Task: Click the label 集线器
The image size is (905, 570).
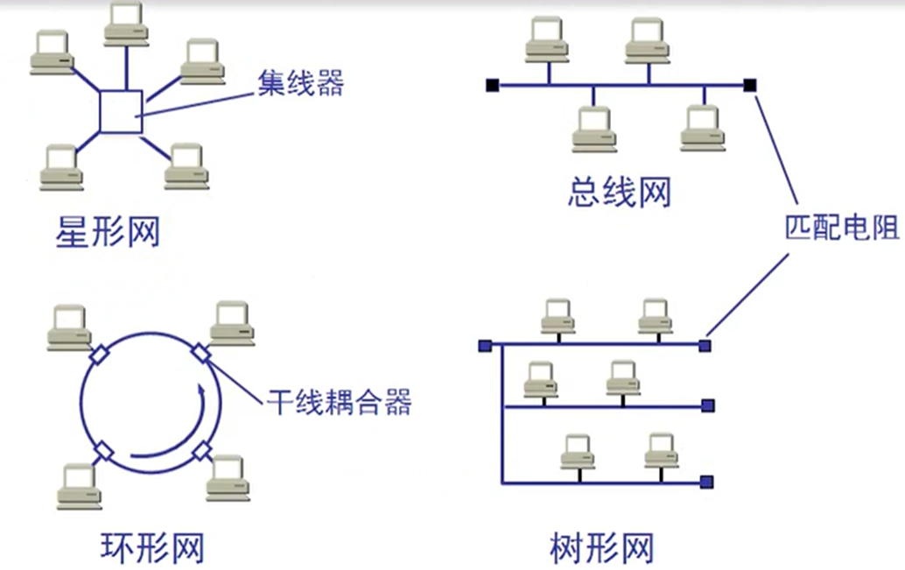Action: point(300,83)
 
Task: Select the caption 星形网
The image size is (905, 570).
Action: point(108,231)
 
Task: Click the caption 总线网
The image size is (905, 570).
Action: point(620,192)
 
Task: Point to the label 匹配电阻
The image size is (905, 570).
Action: point(842,227)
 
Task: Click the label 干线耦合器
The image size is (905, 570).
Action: point(340,401)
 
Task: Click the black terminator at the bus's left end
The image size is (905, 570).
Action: point(493,86)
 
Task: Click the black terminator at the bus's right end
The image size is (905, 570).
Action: point(750,86)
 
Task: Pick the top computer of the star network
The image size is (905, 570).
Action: point(126,24)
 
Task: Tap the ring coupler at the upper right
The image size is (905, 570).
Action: point(200,353)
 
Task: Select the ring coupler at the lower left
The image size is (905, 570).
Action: point(103,451)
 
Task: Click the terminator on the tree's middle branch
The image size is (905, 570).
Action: point(708,405)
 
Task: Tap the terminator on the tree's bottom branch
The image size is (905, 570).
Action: point(707,482)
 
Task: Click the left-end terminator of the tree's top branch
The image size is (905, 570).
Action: point(485,346)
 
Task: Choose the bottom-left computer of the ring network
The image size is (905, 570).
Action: point(80,486)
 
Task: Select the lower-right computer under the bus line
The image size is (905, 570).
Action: point(703,128)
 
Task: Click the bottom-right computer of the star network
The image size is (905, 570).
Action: point(186,167)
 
